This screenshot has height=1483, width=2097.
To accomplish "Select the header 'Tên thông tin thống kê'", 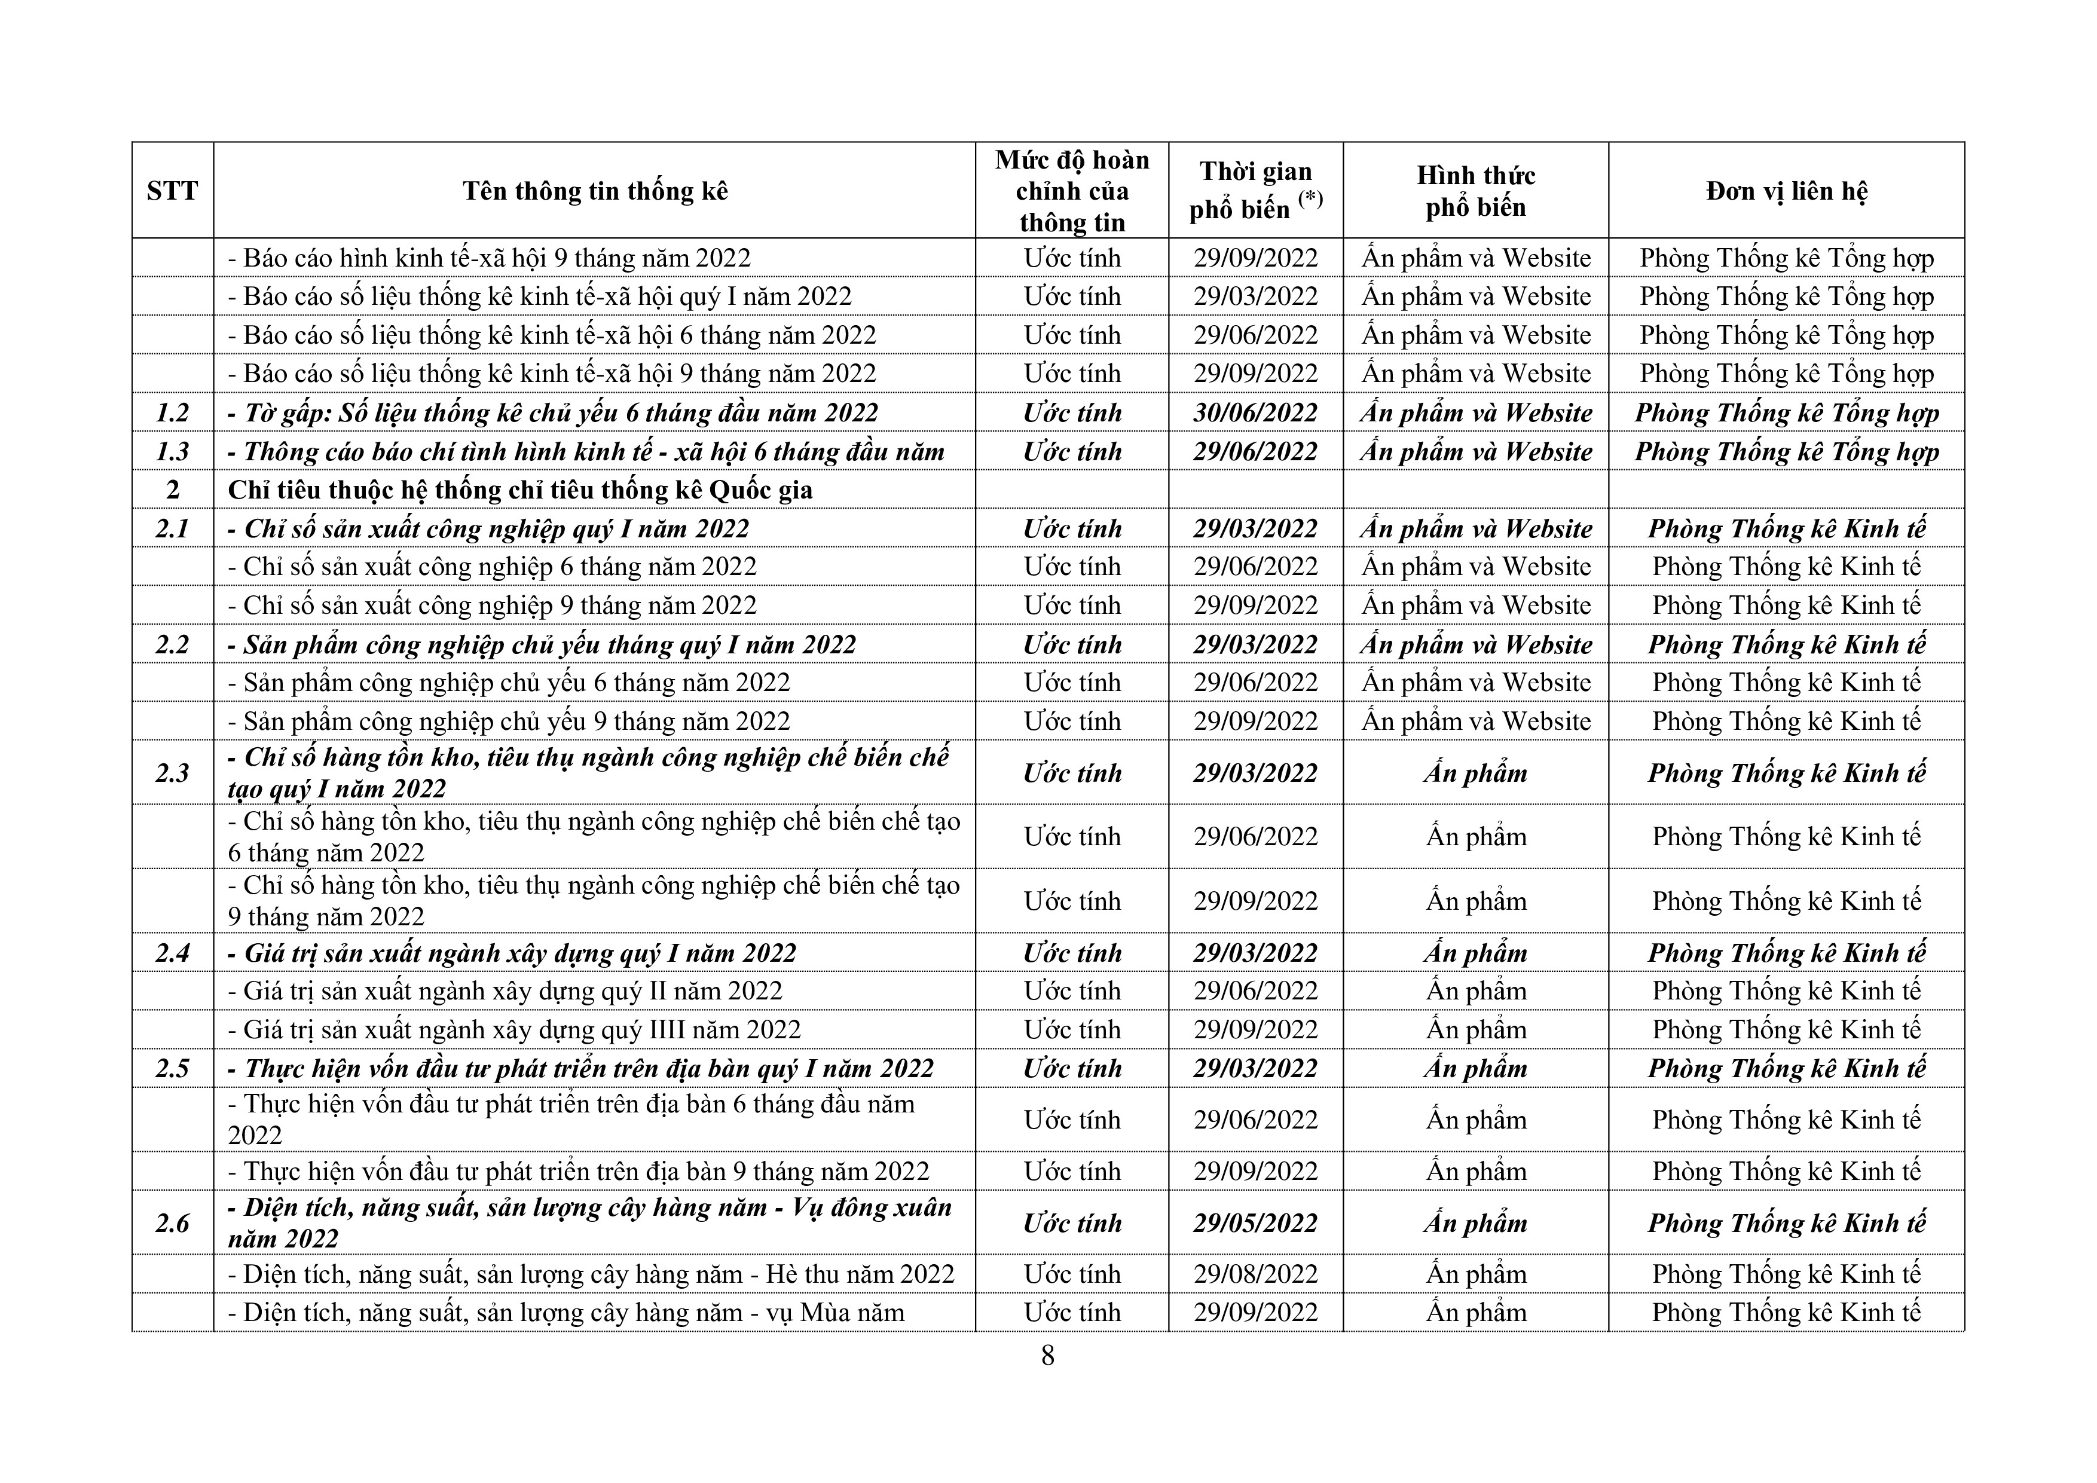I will point(595,191).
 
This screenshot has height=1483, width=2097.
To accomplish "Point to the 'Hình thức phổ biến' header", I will point(1475,191).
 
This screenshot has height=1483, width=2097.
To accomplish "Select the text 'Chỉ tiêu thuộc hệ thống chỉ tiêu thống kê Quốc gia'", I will point(519,490).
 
